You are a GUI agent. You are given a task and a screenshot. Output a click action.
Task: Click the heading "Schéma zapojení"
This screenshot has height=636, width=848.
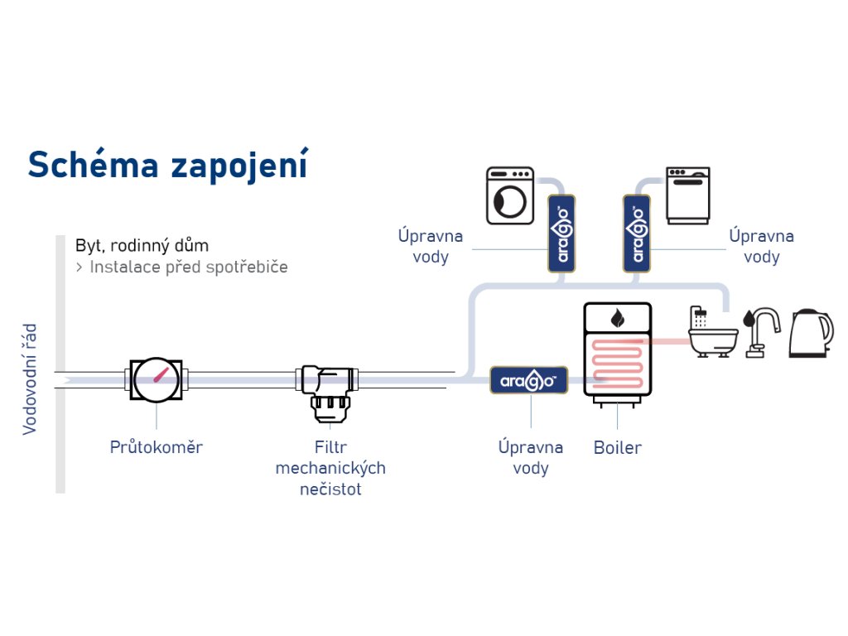click(x=168, y=164)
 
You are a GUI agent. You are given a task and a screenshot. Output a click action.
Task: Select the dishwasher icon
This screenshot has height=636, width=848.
click(x=688, y=195)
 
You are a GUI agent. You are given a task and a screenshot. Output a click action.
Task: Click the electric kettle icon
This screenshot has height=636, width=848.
click(x=811, y=333)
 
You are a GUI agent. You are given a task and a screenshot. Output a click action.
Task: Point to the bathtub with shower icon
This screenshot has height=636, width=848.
click(x=712, y=331)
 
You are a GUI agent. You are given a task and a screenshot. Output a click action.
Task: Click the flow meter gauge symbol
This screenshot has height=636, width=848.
click(x=157, y=380)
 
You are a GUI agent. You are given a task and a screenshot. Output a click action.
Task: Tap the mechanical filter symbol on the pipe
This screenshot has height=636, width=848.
click(x=328, y=388)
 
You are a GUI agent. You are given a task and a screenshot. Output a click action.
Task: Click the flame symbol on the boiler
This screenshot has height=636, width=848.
click(x=618, y=317)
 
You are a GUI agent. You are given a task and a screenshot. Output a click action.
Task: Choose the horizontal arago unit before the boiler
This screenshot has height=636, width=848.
click(x=529, y=380)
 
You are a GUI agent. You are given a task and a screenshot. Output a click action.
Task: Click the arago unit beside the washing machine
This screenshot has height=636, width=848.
click(x=563, y=234)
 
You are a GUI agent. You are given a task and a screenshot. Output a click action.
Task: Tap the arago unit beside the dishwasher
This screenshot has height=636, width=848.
click(x=638, y=234)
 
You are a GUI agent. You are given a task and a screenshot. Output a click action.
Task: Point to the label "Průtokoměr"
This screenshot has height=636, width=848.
click(x=156, y=447)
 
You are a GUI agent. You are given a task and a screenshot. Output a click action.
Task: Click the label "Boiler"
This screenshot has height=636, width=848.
click(x=618, y=448)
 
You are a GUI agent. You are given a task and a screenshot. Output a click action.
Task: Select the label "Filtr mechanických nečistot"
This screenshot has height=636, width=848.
click(x=330, y=468)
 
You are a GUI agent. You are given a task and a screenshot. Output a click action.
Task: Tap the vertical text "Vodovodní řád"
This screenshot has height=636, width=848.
click(x=30, y=379)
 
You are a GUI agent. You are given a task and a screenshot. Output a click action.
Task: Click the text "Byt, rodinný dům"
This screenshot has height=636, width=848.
click(x=142, y=245)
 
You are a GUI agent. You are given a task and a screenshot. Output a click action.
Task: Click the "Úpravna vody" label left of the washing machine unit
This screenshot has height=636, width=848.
click(x=431, y=246)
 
